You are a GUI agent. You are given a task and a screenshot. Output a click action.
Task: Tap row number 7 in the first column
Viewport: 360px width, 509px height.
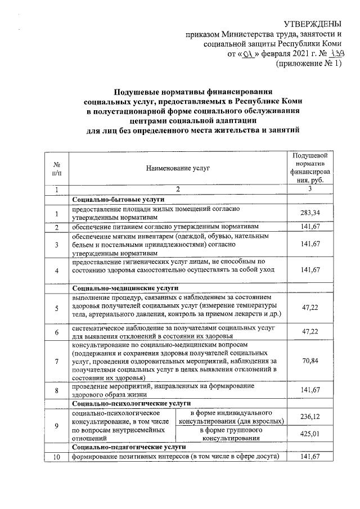pyautogui.click(x=56, y=361)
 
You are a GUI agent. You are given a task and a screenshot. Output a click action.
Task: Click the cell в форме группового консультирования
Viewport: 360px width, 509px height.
pyautogui.click(x=231, y=434)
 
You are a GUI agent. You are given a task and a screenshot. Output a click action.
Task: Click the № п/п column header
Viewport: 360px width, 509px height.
pyautogui.click(x=56, y=168)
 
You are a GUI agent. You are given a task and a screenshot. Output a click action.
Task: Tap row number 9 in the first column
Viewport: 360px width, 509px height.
pyautogui.click(x=56, y=425)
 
